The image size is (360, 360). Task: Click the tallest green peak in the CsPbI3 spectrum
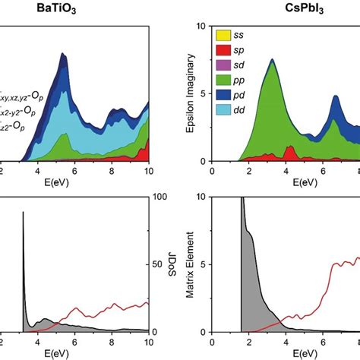click(x=270, y=62)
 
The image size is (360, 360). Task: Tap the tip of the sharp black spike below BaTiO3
click(x=24, y=213)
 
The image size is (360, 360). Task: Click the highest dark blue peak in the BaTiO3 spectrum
click(x=60, y=55)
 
